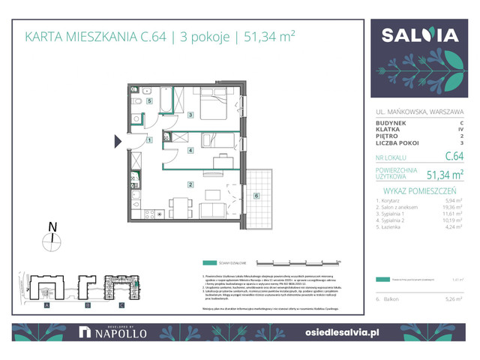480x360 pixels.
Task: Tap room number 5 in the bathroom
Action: click(x=149, y=100)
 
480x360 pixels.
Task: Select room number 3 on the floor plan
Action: click(x=191, y=115)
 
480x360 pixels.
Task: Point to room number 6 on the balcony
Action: click(x=256, y=196)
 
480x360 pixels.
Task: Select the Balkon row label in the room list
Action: click(x=394, y=298)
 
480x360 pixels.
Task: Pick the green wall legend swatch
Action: click(x=209, y=263)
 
